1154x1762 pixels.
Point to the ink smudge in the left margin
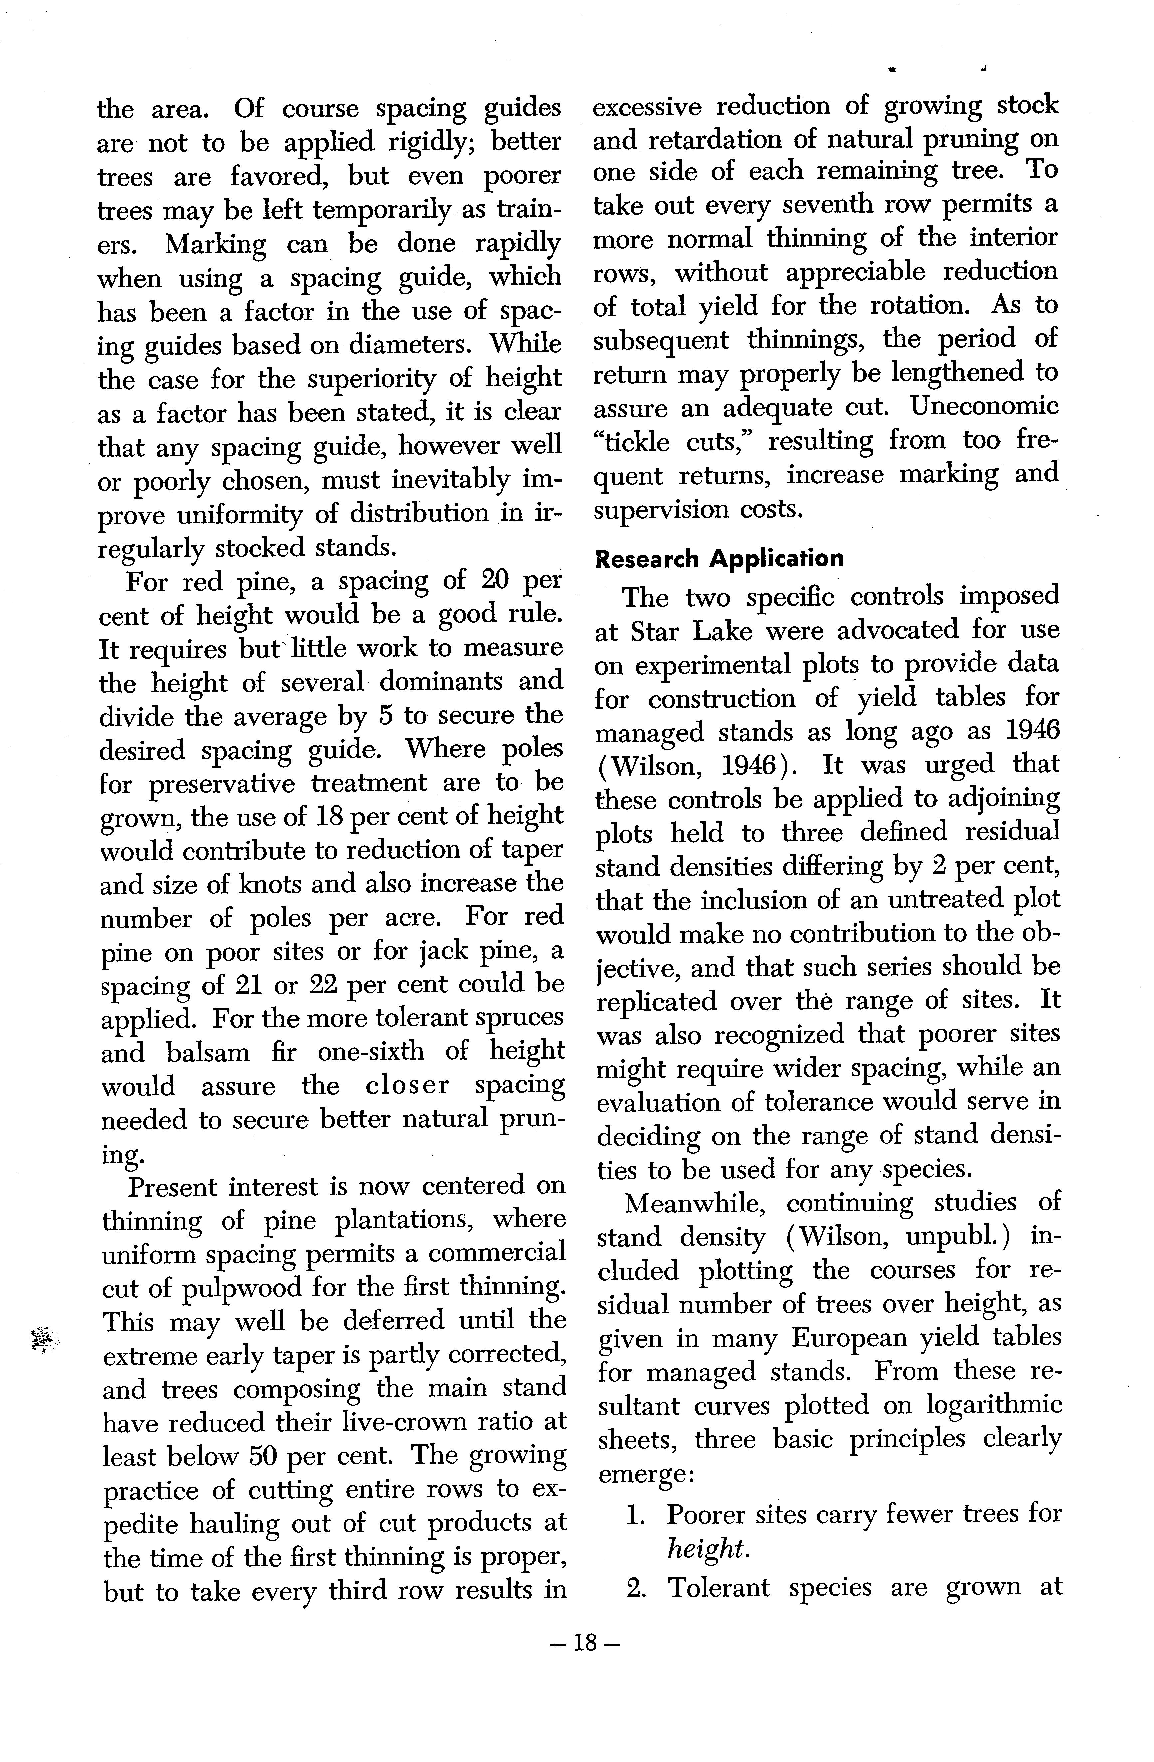(x=44, y=1340)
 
